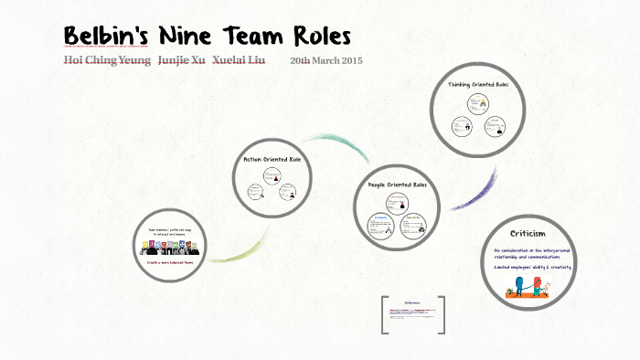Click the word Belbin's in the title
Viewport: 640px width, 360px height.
[104, 37]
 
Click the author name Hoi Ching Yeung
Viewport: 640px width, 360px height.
[106, 60]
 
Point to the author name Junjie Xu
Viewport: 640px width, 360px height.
[181, 60]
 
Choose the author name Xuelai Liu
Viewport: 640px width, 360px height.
[239, 60]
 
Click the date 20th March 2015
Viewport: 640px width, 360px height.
[326, 60]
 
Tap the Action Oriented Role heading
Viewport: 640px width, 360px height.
[272, 159]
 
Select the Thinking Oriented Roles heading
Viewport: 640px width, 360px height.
[478, 85]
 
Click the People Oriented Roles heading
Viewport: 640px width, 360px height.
[397, 185]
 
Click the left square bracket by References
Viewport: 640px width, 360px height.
[384, 314]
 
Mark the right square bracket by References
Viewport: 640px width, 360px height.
[443, 314]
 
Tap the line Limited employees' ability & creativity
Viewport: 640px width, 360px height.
[533, 267]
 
